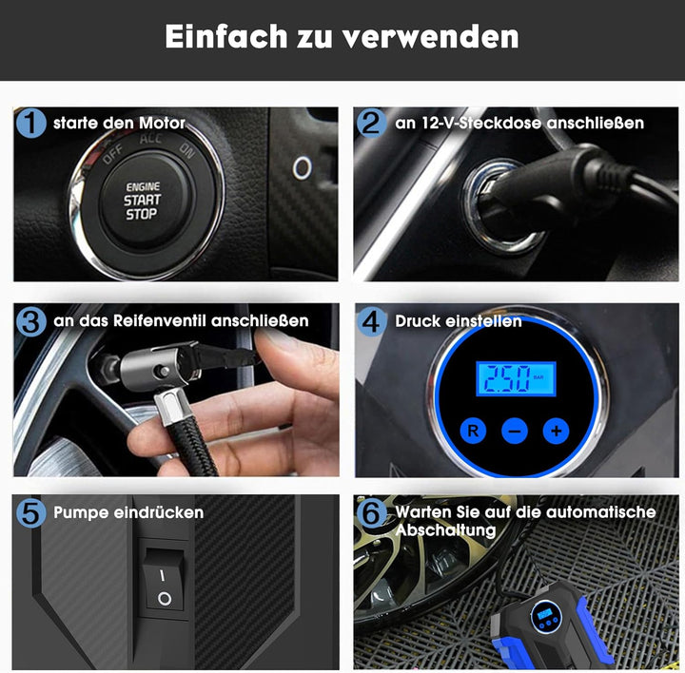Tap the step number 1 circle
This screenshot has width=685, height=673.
tap(32, 123)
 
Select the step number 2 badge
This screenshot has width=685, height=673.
tap(372, 123)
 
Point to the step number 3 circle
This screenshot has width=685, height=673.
tap(32, 321)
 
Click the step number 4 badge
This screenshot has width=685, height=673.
tap(372, 321)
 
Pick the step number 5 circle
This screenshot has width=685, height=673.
tap(32, 512)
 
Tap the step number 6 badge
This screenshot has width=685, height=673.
tap(372, 512)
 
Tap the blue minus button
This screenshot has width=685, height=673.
tap(514, 431)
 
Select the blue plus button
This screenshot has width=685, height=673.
tap(555, 431)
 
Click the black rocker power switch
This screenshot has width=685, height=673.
tap(164, 582)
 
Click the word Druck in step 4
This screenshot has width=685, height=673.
tap(419, 321)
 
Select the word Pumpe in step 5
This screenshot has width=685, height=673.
tap(81, 512)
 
